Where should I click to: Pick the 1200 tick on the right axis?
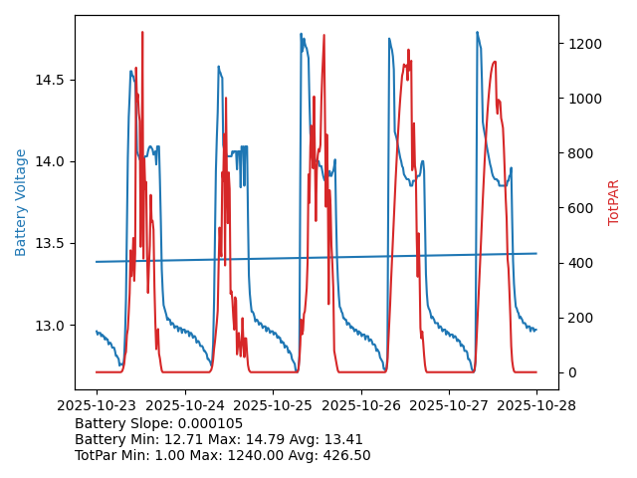pyautogui.click(x=608, y=44)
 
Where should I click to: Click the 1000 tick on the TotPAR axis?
pyautogui.click(x=608, y=99)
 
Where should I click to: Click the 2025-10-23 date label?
pyautogui.click(x=97, y=406)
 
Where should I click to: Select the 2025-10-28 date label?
pyautogui.click(x=536, y=406)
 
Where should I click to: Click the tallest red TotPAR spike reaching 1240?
pyautogui.click(x=142, y=33)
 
